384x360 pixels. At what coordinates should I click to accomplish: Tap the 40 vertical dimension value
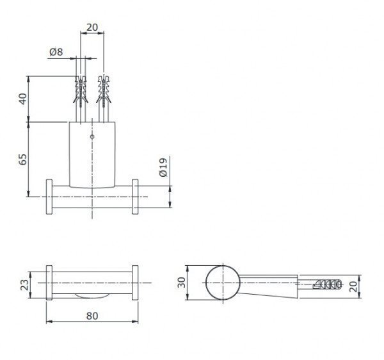tap(22, 100)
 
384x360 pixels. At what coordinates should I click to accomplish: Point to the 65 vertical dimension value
tap(22, 160)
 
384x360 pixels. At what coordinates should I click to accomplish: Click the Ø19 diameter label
tap(163, 168)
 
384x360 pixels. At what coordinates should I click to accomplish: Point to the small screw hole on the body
tap(93, 136)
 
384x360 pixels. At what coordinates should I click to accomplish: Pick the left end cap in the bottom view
tap(49, 282)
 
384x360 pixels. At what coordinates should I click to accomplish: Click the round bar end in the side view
tap(223, 282)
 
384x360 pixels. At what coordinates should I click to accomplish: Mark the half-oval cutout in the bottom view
tap(91, 295)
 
